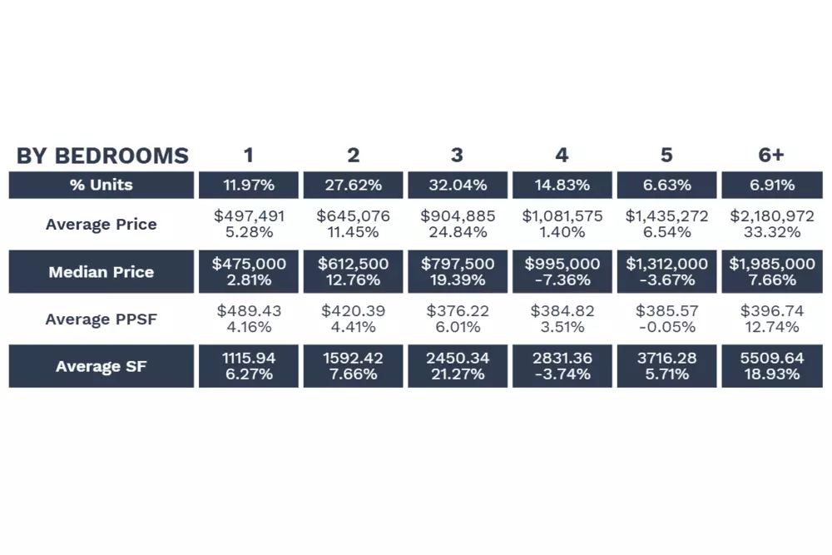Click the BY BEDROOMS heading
tap(102, 156)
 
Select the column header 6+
tap(771, 156)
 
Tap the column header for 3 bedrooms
tap(457, 156)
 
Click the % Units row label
tap(101, 185)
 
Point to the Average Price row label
tap(101, 224)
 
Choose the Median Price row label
tap(101, 271)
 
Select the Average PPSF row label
tap(101, 319)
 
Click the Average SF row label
tap(101, 366)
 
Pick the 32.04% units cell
tap(458, 185)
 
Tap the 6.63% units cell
tap(666, 185)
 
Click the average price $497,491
tap(249, 216)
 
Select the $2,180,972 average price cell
tap(771, 216)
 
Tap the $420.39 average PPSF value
tap(354, 311)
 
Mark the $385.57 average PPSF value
tap(666, 311)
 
